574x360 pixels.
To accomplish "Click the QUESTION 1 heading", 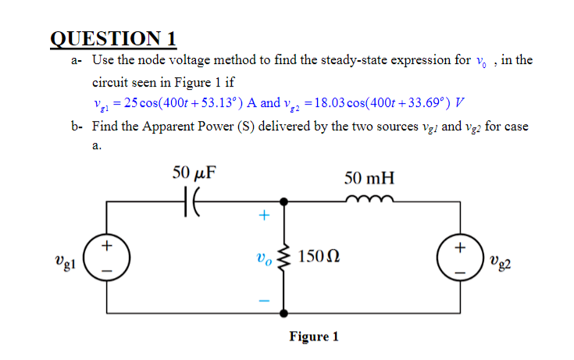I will click(114, 38).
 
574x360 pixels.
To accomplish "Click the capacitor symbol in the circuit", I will click(192, 201).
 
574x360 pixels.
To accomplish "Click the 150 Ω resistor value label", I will click(319, 257).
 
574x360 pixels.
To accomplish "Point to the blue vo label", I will click(264, 257).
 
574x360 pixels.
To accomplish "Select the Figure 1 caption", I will click(314, 337).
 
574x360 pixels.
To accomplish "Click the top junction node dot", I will click(283, 201).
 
